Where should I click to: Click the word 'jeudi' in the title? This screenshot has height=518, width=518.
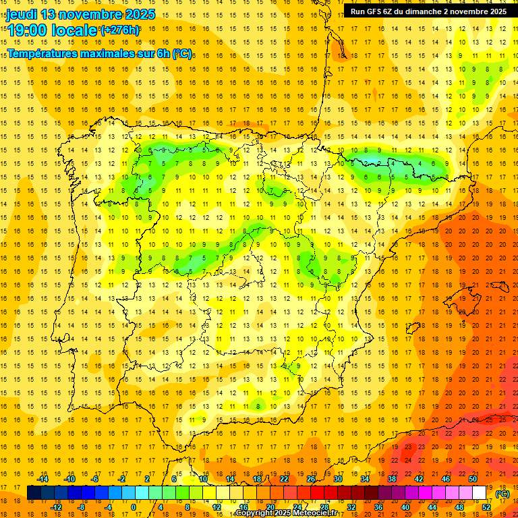click(x=21, y=14)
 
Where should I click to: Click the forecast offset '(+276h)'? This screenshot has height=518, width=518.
click(x=120, y=30)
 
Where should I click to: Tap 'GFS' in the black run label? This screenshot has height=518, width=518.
click(x=376, y=11)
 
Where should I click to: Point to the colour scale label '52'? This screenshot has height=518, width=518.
click(x=486, y=507)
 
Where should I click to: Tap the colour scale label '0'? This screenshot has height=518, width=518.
click(x=134, y=507)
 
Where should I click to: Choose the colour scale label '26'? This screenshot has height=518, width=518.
click(x=310, y=479)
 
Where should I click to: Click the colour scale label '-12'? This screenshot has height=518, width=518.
click(x=56, y=507)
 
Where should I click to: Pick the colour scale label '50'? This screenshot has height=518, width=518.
click(x=472, y=479)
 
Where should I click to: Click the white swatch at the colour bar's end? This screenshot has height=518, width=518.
click(x=479, y=492)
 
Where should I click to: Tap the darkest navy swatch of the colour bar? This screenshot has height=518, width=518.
click(x=34, y=492)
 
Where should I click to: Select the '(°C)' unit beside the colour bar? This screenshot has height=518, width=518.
click(x=502, y=493)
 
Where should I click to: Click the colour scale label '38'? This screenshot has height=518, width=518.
click(x=391, y=479)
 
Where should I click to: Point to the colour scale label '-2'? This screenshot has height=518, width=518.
click(x=121, y=479)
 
